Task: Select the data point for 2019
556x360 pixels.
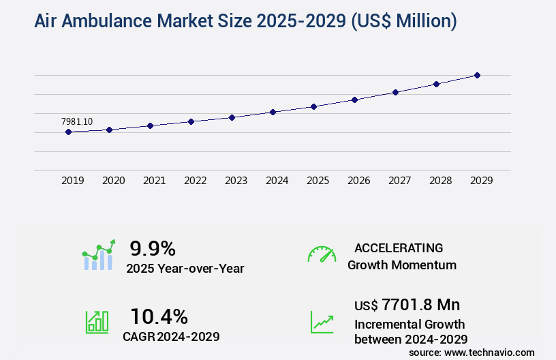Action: point(68,132)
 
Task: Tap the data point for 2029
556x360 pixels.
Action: point(477,75)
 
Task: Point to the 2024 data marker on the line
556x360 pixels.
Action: point(273,112)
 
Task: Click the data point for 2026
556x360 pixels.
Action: point(354,100)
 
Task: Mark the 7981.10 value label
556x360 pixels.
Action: point(77,121)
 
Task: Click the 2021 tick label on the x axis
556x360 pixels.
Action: point(154,181)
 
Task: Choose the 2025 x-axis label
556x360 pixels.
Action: point(318,181)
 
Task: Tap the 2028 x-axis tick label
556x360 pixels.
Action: point(440,181)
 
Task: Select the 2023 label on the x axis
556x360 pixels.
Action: point(236,181)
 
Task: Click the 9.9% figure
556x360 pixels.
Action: point(153,247)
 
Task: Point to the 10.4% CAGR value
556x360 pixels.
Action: point(159,316)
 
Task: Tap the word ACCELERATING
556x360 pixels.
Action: point(399,247)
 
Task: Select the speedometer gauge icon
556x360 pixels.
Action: point(322,254)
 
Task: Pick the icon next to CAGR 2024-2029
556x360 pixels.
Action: point(97,322)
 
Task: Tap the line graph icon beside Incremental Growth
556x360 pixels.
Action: point(322,322)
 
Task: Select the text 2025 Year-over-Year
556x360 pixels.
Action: point(185,268)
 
